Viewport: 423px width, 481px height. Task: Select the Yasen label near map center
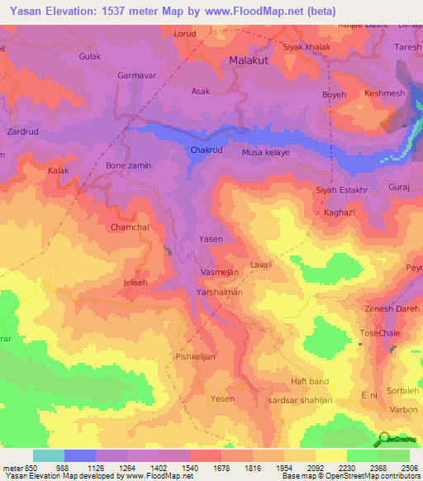tap(211, 239)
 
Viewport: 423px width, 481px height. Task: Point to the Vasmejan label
tap(220, 272)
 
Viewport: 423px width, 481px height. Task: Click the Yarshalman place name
tap(219, 293)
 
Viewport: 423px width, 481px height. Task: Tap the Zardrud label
tap(22, 131)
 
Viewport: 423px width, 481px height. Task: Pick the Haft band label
tap(310, 382)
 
